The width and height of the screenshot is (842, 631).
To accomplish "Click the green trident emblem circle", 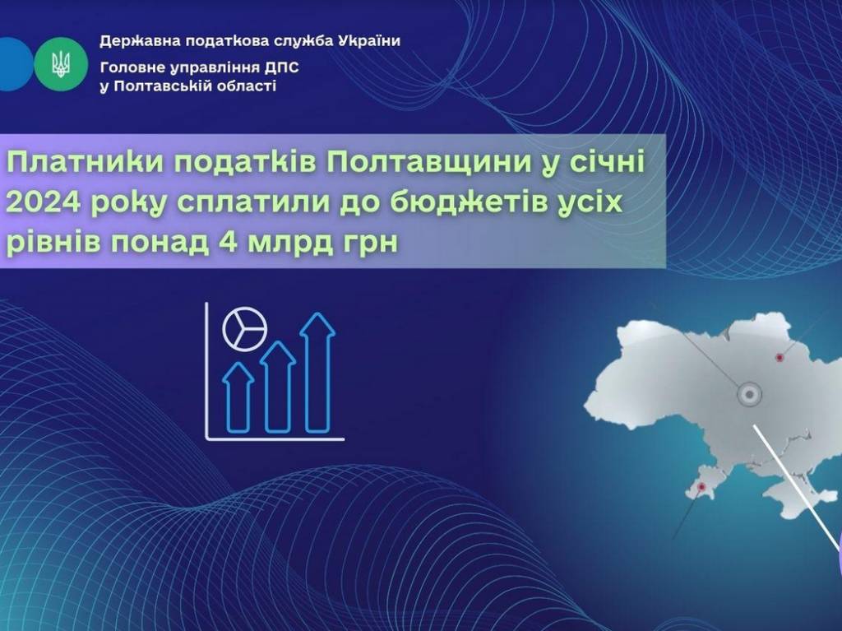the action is click(61, 64).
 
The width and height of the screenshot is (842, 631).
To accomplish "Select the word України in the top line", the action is click(369, 41).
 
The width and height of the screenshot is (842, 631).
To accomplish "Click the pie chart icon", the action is click(244, 329).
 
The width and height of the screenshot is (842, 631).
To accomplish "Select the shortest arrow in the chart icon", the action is click(238, 397).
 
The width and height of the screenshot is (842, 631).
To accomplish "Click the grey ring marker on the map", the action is click(749, 395).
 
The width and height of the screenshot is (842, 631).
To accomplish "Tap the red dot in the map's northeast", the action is click(780, 357).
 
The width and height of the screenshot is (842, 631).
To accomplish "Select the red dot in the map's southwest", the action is click(701, 487).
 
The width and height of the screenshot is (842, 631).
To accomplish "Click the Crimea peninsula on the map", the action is click(793, 494).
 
